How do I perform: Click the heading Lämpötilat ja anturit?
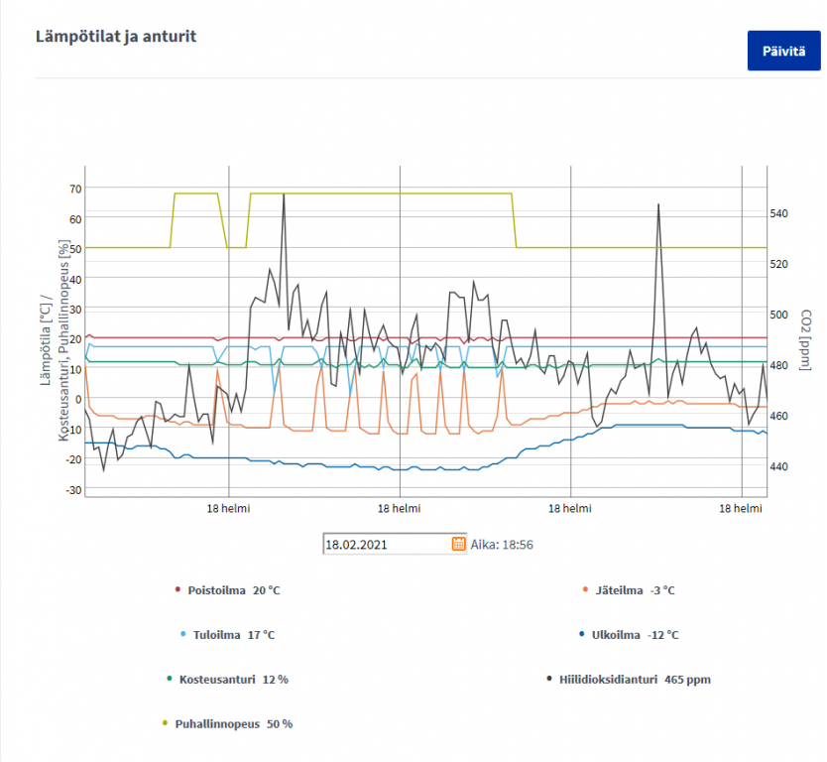[x=116, y=37]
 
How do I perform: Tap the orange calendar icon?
[x=458, y=544]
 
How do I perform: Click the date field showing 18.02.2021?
[x=386, y=544]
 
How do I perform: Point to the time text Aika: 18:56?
[x=502, y=544]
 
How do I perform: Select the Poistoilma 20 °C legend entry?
[x=227, y=590]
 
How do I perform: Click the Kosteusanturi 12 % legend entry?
[x=227, y=680]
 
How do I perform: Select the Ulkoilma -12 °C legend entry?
[x=629, y=635]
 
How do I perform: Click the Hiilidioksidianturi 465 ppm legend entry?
[x=629, y=680]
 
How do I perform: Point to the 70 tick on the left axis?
[x=75, y=189]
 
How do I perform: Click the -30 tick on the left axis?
[x=72, y=490]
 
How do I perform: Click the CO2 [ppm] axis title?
[x=806, y=337]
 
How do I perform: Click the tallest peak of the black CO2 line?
[x=284, y=194]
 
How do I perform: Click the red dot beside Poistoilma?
[x=177, y=590]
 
